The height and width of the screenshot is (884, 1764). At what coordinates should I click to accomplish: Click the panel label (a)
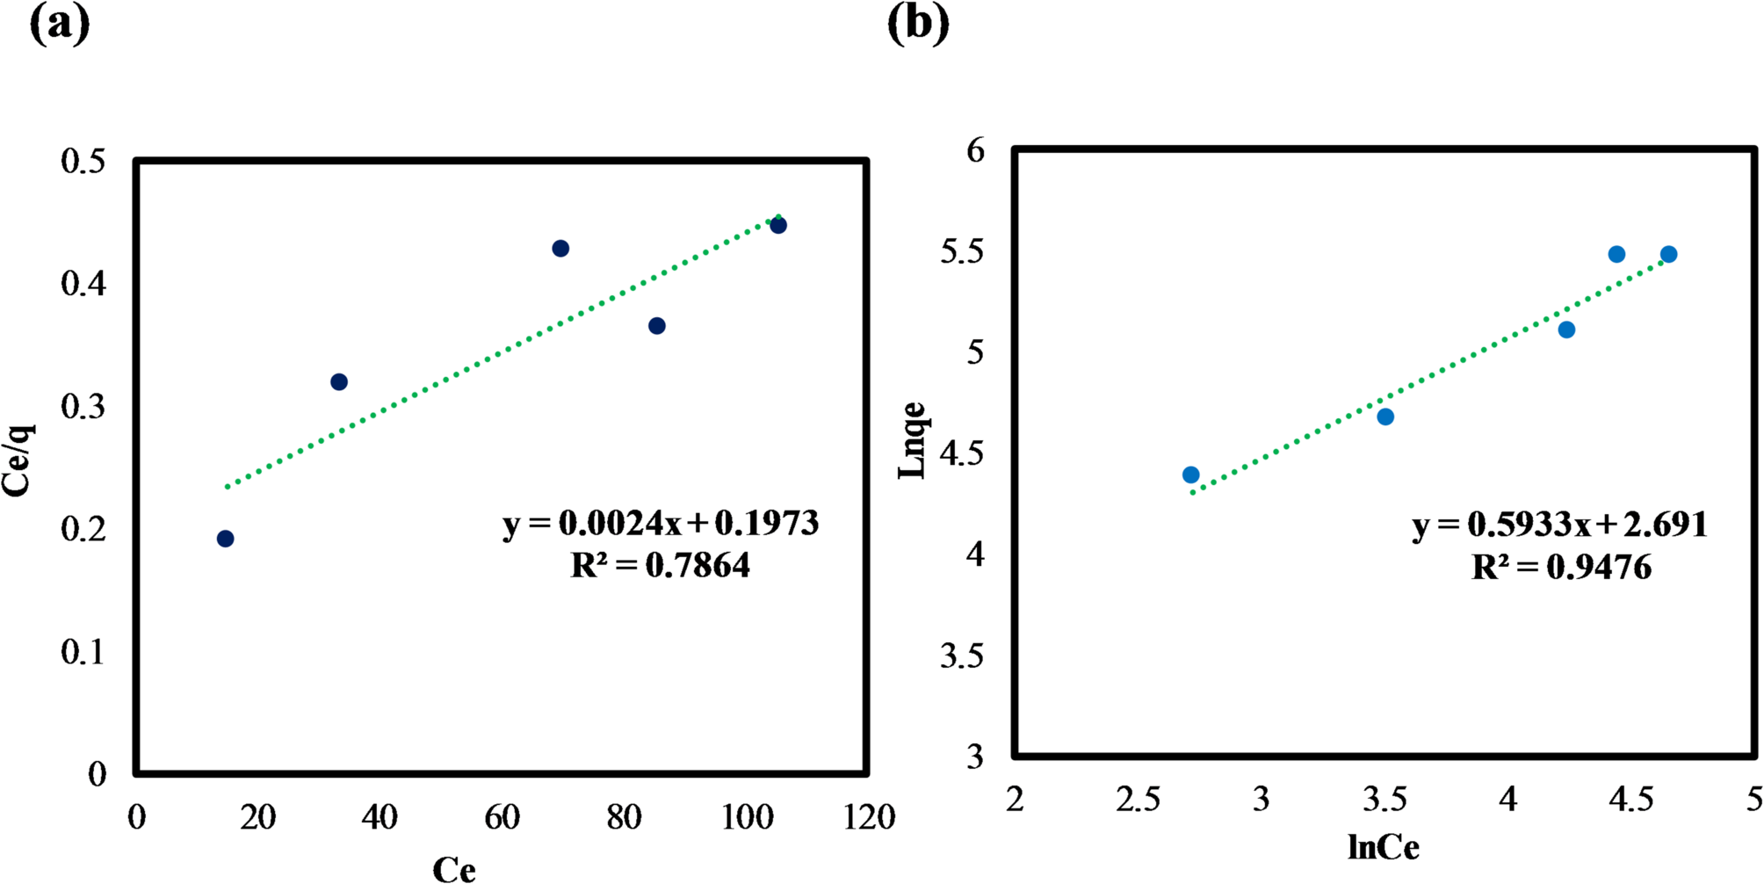(60, 24)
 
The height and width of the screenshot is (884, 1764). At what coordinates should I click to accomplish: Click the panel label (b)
(918, 24)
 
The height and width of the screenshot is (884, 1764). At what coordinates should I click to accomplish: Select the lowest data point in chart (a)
(225, 539)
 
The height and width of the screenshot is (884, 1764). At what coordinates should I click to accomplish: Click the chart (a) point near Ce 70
(560, 249)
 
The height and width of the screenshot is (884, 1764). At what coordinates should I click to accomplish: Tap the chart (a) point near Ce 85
(657, 326)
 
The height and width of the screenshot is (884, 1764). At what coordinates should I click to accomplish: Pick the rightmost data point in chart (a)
(778, 226)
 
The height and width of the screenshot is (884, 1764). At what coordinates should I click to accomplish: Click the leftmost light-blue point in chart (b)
(1191, 475)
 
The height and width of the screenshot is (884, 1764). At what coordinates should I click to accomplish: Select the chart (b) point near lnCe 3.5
(1385, 417)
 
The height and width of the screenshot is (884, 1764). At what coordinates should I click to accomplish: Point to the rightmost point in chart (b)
(1669, 255)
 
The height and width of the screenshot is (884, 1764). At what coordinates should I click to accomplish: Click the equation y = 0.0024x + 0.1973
(661, 524)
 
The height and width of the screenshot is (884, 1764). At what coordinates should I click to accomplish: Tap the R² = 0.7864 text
(661, 565)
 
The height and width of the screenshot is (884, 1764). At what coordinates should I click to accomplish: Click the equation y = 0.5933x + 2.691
(1560, 525)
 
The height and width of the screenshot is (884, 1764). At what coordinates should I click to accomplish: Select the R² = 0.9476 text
(1561, 568)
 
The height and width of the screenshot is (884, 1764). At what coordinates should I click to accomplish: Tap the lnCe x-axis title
(1383, 847)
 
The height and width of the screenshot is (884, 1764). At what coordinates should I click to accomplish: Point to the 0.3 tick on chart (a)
(83, 407)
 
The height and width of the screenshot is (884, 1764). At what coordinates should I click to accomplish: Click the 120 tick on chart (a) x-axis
(869, 817)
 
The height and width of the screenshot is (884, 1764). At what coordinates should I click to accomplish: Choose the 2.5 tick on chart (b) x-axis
(1138, 800)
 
